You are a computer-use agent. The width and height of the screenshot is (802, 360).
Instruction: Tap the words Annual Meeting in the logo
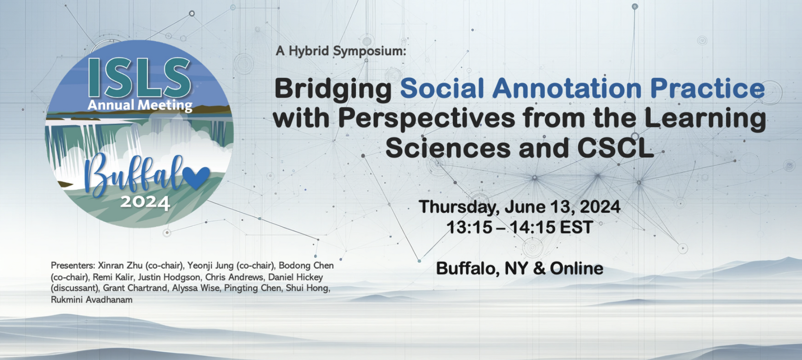coord(140,105)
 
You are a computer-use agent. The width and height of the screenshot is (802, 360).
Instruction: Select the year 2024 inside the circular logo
coord(145,202)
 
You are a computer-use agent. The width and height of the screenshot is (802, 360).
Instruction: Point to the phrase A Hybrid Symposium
coord(341,51)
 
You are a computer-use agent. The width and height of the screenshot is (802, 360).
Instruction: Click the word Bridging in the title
coord(333,89)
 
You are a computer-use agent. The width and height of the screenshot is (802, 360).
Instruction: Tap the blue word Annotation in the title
coord(567,88)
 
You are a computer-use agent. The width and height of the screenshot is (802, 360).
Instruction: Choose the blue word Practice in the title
coord(708,88)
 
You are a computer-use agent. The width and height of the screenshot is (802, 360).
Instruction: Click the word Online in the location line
coord(577,268)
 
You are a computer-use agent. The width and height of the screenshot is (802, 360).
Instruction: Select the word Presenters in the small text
coord(73,265)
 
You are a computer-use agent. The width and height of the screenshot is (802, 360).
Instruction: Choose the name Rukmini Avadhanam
coord(92,300)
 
